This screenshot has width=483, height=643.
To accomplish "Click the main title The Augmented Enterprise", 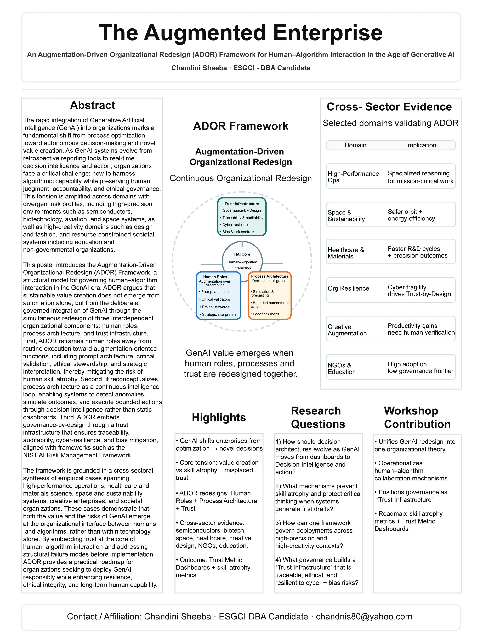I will [x=241, y=33].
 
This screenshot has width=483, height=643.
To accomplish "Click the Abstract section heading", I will [x=93, y=105].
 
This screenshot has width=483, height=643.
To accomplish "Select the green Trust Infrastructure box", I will [x=241, y=217].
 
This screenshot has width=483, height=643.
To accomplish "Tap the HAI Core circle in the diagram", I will [x=242, y=257].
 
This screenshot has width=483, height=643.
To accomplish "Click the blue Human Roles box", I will [x=219, y=295].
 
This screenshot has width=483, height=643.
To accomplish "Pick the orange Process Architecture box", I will [x=270, y=295].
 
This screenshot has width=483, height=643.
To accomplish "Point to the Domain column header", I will [x=355, y=145].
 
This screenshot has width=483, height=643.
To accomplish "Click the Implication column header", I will [x=421, y=145].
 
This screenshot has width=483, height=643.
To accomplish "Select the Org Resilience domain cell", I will [x=348, y=288].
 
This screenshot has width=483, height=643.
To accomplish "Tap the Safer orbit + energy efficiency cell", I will [x=411, y=215].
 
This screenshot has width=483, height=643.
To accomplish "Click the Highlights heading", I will [x=219, y=417].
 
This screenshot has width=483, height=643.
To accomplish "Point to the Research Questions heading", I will [x=318, y=417].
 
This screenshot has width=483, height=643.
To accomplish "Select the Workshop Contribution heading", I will [x=417, y=417].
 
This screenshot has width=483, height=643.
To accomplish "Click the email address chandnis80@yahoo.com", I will [x=364, y=617].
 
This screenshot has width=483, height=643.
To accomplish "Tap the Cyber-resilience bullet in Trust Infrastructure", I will [x=236, y=225].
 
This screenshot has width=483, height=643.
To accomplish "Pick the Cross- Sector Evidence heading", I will [x=389, y=107].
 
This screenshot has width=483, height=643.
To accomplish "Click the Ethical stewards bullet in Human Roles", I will [x=216, y=307].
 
